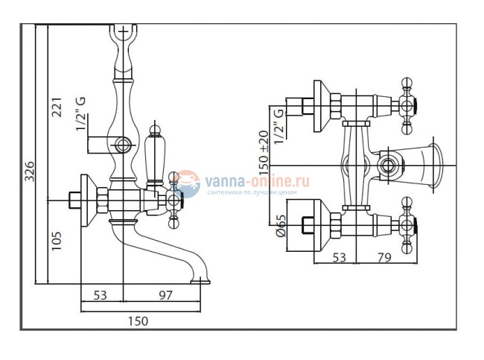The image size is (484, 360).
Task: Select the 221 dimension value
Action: (x=57, y=110)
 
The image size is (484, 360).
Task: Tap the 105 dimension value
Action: (x=57, y=241)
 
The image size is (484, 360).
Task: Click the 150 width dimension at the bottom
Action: (x=138, y=320)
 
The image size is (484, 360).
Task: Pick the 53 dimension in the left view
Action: (x=101, y=295)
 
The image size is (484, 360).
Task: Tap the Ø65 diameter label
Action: (x=281, y=226)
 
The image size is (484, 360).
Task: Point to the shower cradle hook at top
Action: (x=123, y=34)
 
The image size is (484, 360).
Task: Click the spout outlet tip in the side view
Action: (x=200, y=281)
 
